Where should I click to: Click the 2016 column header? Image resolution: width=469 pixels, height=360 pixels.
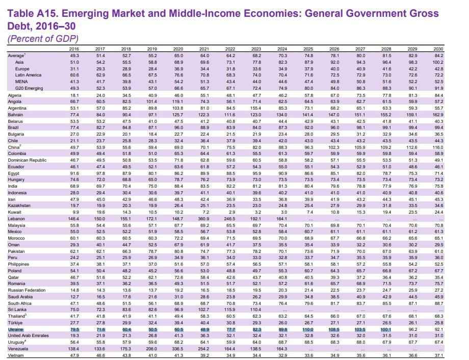point(74,48)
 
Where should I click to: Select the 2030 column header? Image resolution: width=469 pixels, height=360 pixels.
point(438,48)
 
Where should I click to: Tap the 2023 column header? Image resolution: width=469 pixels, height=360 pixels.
point(256,48)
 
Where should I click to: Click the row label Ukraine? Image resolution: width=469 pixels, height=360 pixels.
point(17,329)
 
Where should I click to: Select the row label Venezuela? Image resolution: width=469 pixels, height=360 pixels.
point(20,348)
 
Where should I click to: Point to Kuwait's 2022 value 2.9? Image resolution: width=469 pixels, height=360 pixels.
point(231,211)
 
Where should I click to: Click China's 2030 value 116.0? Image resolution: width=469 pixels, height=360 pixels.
point(437,147)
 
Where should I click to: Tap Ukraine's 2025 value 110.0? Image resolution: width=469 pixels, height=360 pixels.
point(308,329)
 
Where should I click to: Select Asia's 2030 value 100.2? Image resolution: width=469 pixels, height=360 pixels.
point(437,61)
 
